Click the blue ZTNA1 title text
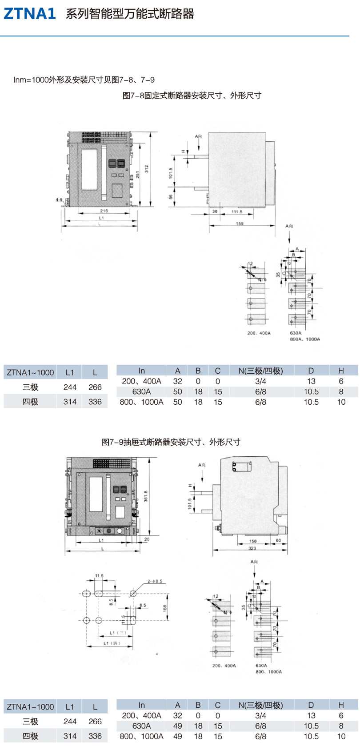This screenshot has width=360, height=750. [x=30, y=14]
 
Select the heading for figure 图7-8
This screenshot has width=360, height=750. [x=192, y=95]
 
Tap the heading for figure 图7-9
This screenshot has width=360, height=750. [x=171, y=442]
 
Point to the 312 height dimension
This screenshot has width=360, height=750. [x=146, y=169]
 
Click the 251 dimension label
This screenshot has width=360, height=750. [x=138, y=176]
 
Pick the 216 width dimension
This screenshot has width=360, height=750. [x=104, y=211]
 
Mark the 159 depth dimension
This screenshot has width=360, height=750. [x=240, y=223]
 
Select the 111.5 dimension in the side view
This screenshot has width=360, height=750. [x=237, y=211]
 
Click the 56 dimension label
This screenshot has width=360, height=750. [x=171, y=197]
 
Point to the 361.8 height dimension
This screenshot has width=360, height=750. [x=146, y=496]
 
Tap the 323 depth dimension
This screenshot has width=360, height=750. [x=252, y=548]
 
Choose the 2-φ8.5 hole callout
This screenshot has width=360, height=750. [x=155, y=581]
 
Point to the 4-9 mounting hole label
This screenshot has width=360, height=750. [x=59, y=200]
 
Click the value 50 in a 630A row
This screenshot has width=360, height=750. [x=177, y=391]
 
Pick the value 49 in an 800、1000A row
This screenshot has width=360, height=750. [x=177, y=736]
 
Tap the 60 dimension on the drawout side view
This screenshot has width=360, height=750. [x=278, y=541]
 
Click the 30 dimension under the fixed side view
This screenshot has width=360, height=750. [x=215, y=211]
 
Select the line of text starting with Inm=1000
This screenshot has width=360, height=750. [x=84, y=80]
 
